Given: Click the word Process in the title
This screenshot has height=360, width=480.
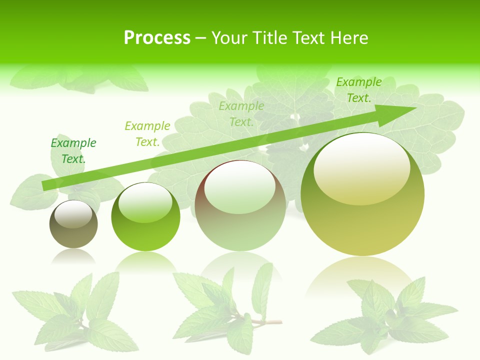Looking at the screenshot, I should click(x=157, y=38).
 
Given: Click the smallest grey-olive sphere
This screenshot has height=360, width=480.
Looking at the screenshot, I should click(x=73, y=224).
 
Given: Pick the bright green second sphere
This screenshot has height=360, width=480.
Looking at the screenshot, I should click(x=145, y=217).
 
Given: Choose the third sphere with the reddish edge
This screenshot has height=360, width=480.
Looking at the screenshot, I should click(x=240, y=205).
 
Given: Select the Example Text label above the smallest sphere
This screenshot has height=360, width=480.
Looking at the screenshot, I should click(x=73, y=151).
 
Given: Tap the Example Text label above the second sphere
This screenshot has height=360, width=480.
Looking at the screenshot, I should click(x=147, y=134).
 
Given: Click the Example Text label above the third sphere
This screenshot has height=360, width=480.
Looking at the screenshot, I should click(x=241, y=113).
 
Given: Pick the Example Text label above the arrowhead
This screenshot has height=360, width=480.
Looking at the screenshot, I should click(x=358, y=90).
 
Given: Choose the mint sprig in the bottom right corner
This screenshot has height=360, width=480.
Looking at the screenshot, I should click(x=385, y=315).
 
